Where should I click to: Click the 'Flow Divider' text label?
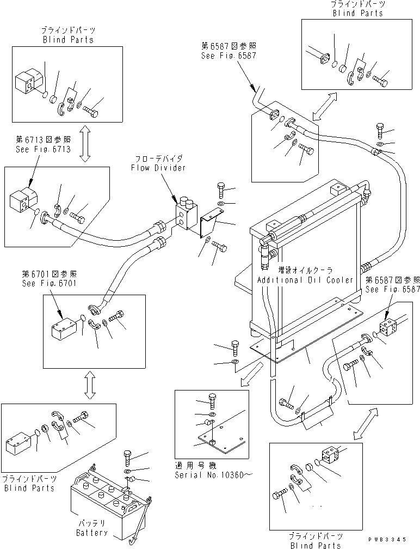pyautogui.click(x=158, y=167)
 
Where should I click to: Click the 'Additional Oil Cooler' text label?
pyautogui.click(x=306, y=279)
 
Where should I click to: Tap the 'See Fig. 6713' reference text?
pyautogui.click(x=43, y=149)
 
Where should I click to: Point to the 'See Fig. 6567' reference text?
pyautogui.click(x=228, y=55)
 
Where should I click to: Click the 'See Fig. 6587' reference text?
pyautogui.click(x=393, y=289)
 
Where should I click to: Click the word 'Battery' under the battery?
pyautogui.click(x=91, y=533)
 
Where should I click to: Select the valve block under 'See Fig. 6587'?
pyautogui.click(x=387, y=330)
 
